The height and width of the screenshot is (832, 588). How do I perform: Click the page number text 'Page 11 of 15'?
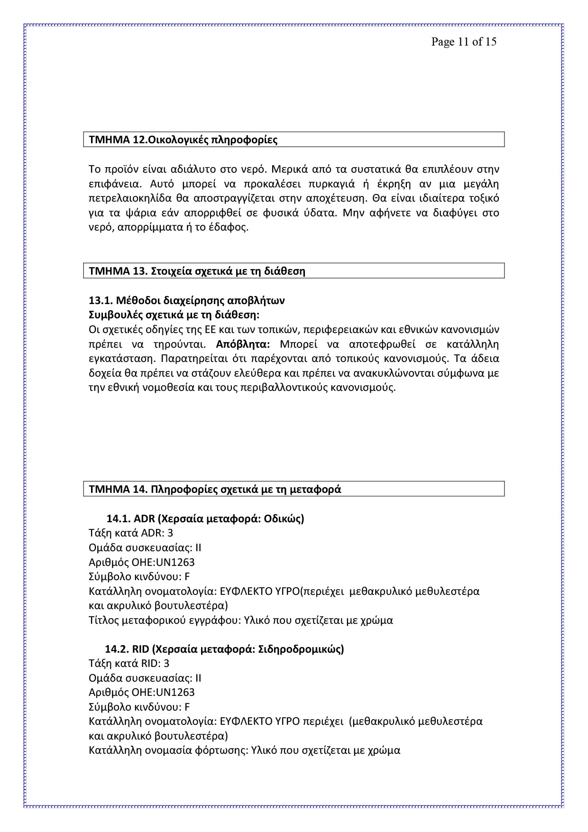463,42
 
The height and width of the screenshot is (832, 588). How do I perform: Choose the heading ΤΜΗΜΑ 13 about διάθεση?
197,271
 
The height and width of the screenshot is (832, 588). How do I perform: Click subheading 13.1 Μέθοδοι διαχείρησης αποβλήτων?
186,300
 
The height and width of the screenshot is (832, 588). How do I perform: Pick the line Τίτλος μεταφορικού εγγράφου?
240,620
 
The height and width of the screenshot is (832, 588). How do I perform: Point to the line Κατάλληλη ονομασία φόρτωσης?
244,750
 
